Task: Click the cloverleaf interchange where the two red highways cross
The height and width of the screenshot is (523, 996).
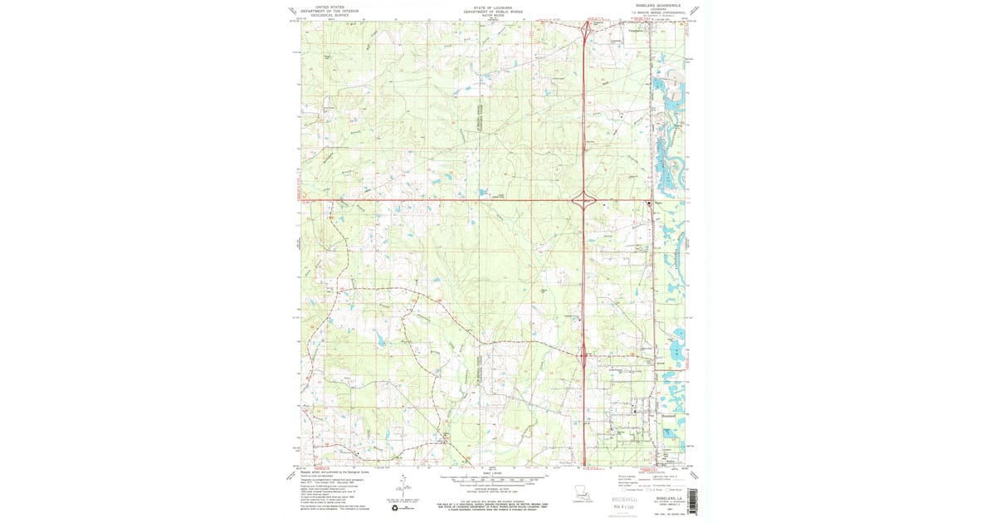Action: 584,199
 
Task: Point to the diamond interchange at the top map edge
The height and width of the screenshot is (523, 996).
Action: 586,27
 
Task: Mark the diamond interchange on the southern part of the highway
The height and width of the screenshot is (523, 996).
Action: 584,357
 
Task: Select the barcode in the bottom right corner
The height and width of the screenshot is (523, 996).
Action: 691,500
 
